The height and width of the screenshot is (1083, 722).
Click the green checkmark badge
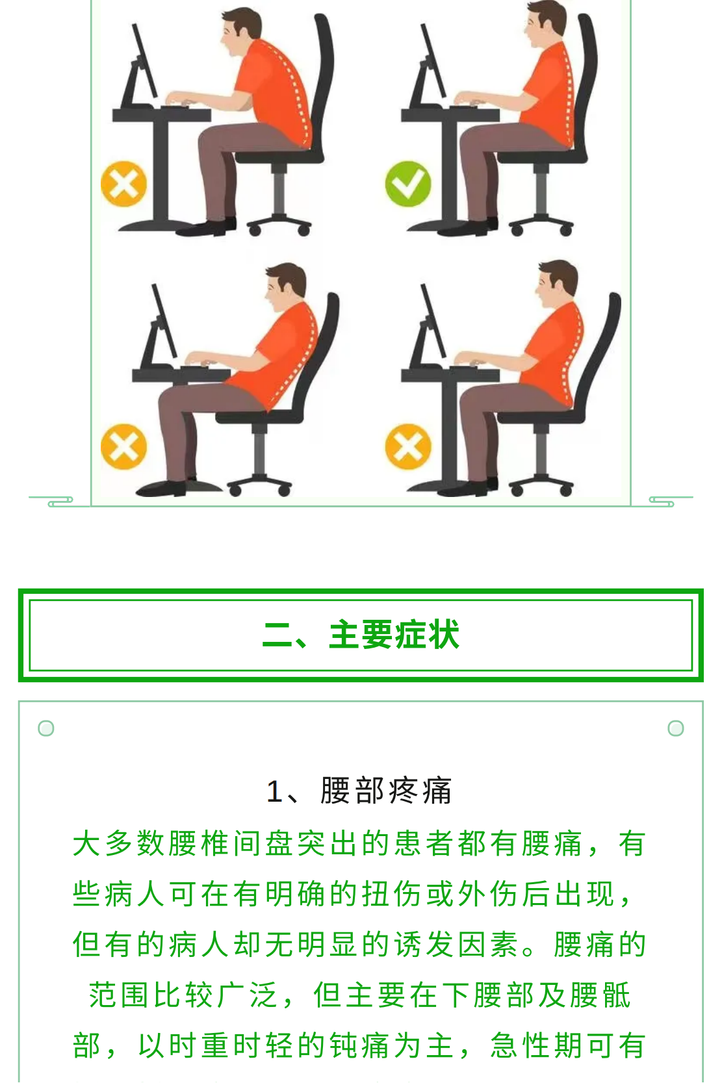click(407, 184)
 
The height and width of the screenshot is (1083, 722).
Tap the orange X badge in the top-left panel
click(123, 184)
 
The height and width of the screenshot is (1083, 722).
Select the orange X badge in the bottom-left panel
click(123, 446)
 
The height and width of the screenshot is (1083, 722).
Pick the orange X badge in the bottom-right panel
click(407, 446)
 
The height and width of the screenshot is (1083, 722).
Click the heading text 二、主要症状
click(361, 634)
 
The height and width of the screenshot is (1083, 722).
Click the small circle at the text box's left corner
click(46, 728)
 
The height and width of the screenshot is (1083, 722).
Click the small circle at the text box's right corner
click(676, 728)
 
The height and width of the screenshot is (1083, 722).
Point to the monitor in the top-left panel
click(140, 65)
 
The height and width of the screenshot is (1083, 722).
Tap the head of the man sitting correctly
click(545, 23)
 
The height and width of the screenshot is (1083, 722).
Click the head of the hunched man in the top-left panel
click(240, 31)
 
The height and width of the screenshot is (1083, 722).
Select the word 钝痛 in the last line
click(358, 1045)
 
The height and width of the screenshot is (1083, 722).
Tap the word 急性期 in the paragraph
click(536, 1045)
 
